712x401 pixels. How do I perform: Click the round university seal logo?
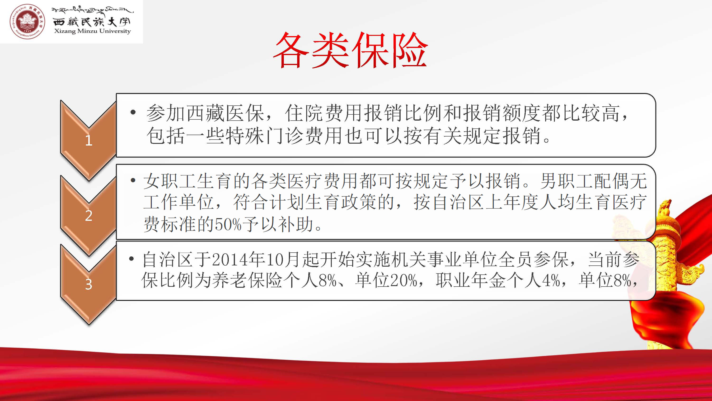pyautogui.click(x=27, y=21)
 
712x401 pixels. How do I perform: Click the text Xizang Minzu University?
pyautogui.click(x=92, y=31)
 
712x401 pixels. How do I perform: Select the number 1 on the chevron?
pyautogui.click(x=89, y=141)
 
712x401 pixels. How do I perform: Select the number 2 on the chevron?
pyautogui.click(x=89, y=215)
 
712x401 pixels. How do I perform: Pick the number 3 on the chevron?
pyautogui.click(x=89, y=284)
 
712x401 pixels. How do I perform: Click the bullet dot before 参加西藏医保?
pyautogui.click(x=133, y=112)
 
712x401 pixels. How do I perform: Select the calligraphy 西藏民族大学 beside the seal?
pyautogui.click(x=91, y=21)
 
